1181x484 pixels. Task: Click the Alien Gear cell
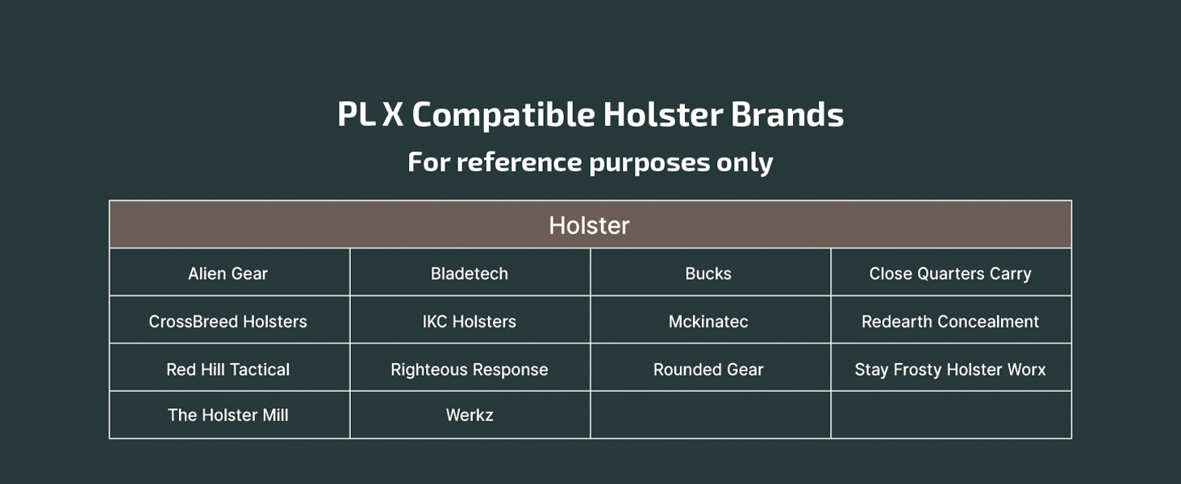tap(229, 272)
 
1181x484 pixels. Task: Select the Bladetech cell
tap(469, 272)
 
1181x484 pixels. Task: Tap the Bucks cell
tap(710, 272)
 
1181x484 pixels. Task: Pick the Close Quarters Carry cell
tap(951, 272)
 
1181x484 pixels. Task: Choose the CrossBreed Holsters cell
tap(229, 319)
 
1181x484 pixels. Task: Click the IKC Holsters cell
tap(469, 319)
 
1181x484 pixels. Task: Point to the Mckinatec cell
tap(710, 319)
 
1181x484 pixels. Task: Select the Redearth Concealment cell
tap(951, 319)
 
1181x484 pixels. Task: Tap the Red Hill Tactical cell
tap(229, 368)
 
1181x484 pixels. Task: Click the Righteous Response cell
tap(469, 368)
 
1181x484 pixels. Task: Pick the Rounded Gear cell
tap(710, 368)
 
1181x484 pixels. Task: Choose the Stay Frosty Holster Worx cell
tap(951, 368)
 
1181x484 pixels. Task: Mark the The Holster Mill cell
tap(229, 415)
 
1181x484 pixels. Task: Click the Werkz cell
tap(469, 415)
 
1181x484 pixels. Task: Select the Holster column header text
tap(589, 226)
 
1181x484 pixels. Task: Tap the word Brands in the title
tap(787, 114)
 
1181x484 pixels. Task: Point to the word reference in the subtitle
tap(520, 162)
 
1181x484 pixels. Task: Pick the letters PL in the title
tap(357, 114)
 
